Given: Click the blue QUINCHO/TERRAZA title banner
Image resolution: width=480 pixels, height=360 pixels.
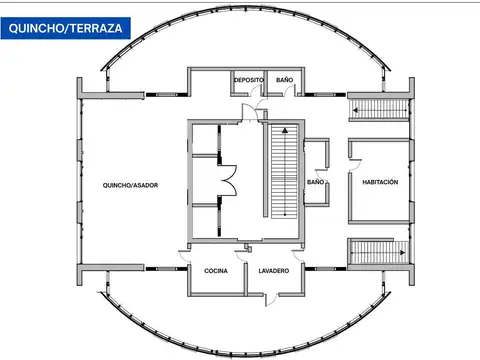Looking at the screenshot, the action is point(66,29).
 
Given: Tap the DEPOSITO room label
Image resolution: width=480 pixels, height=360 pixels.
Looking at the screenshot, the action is point(248,79).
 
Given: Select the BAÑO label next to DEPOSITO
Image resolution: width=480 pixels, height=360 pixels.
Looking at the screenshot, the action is point(285,79).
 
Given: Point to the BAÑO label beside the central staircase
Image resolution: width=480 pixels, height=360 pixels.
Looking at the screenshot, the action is point(316,183).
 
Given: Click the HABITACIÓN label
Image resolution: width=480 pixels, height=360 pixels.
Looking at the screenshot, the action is point(380,182).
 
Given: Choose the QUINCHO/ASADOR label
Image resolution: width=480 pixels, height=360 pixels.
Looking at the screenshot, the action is point(130,185).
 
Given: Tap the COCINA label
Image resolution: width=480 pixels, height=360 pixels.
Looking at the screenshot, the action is point(216,272).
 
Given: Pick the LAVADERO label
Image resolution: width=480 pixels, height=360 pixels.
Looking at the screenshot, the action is point(273,272).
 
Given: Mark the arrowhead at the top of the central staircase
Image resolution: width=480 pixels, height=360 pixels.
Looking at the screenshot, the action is point(284,130).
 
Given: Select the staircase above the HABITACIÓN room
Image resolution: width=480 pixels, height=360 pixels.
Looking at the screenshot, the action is point(379,109).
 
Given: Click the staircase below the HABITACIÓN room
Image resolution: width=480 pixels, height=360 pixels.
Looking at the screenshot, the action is point(379,252).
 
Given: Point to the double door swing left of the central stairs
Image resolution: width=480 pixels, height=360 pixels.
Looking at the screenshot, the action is point(230,179).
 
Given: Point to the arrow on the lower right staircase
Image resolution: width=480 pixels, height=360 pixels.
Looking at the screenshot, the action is point(400,253).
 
